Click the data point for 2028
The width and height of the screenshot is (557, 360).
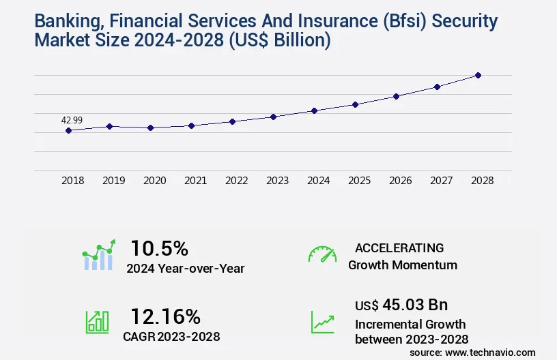[x=478, y=75]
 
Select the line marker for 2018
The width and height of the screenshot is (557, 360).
[x=68, y=130]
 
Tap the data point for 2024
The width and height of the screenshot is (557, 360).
[x=314, y=110]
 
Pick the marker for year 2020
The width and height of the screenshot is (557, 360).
[x=150, y=127]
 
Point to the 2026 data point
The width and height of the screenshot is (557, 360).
[x=396, y=96]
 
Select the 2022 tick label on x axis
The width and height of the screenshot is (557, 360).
[x=236, y=181]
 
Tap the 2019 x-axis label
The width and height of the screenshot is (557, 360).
[x=113, y=181]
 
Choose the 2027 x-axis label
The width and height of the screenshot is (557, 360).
[x=441, y=181]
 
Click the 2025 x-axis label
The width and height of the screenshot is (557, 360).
[x=359, y=181]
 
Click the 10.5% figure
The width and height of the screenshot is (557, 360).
[x=159, y=247]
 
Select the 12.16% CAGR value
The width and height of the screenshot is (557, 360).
[x=165, y=316]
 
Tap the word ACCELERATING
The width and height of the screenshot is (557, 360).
[x=399, y=247]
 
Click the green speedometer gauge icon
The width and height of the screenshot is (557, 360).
[x=322, y=254]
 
